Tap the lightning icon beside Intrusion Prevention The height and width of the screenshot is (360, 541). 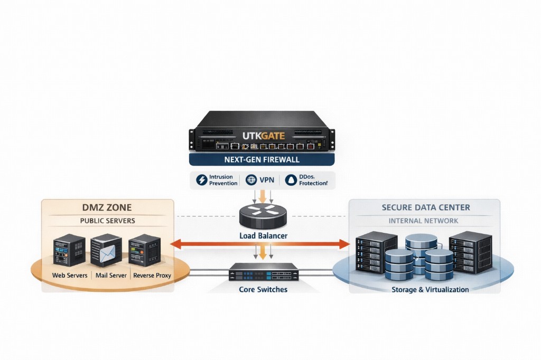click(x=202, y=180)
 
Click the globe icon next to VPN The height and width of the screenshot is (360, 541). click(x=250, y=180)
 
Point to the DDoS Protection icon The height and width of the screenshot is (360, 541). click(x=291, y=180)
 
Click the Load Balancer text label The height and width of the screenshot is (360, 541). click(x=263, y=235)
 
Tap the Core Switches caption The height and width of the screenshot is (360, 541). click(x=263, y=289)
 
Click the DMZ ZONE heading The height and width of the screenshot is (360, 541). click(x=107, y=207)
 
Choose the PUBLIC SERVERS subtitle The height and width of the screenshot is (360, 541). click(x=107, y=221)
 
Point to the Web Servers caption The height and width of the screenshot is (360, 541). click(x=70, y=276)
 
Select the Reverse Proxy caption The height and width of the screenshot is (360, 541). click(x=152, y=276)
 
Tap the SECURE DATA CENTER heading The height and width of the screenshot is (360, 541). click(x=426, y=207)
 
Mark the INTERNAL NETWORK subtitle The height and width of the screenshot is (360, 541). click(x=424, y=221)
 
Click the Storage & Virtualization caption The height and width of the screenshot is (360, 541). click(x=430, y=289)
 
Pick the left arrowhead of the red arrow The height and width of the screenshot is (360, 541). click(x=175, y=244)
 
